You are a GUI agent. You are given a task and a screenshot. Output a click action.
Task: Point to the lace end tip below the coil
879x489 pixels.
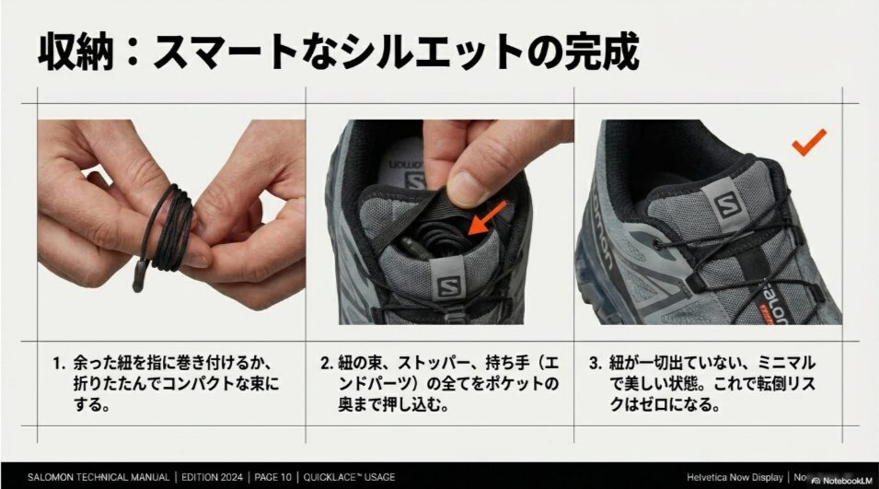[138, 274]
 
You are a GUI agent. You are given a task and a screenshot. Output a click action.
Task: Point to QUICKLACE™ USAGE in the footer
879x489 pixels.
[352, 477]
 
